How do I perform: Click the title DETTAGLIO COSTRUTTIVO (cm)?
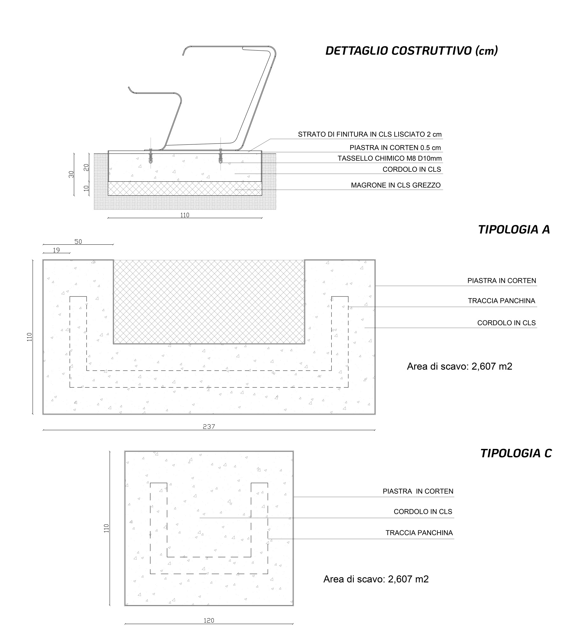coord(411,51)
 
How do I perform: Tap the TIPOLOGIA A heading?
coord(514,229)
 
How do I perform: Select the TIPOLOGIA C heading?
coord(516,453)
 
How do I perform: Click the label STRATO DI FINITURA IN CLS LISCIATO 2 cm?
coord(370,134)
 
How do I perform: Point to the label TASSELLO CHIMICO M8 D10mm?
coord(389,158)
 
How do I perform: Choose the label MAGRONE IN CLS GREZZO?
coord(395,185)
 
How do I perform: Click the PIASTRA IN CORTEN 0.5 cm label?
coord(395,148)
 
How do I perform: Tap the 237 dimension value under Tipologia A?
coord(209,427)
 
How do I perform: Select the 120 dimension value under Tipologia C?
coord(209,620)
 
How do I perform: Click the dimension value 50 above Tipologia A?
coord(78,242)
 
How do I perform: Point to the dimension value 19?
coord(56,250)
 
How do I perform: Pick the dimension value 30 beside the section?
coord(71,174)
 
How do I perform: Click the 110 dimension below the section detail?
coord(185,215)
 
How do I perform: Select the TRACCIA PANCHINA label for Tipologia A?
coord(501,301)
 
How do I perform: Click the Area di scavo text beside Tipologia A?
coord(459,366)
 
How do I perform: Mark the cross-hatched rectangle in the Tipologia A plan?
coord(209,302)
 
